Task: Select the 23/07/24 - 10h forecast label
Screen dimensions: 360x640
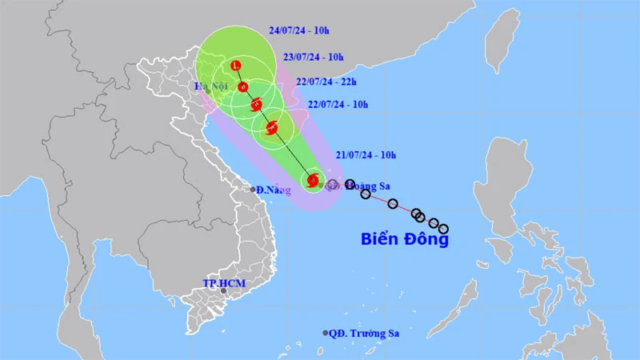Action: click(314, 58)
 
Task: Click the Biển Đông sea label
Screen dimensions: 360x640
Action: click(404, 238)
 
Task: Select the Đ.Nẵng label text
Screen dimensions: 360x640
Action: click(274, 190)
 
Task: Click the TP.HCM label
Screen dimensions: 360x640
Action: click(223, 284)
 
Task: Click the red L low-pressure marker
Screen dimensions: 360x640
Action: click(235, 66)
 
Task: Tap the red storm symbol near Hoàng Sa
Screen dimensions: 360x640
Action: click(312, 181)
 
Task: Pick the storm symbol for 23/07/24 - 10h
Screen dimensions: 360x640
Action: click(243, 88)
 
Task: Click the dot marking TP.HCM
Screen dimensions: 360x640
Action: click(224, 294)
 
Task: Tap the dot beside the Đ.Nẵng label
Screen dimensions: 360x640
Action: click(253, 190)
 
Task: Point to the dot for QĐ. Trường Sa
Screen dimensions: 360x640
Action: click(326, 333)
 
